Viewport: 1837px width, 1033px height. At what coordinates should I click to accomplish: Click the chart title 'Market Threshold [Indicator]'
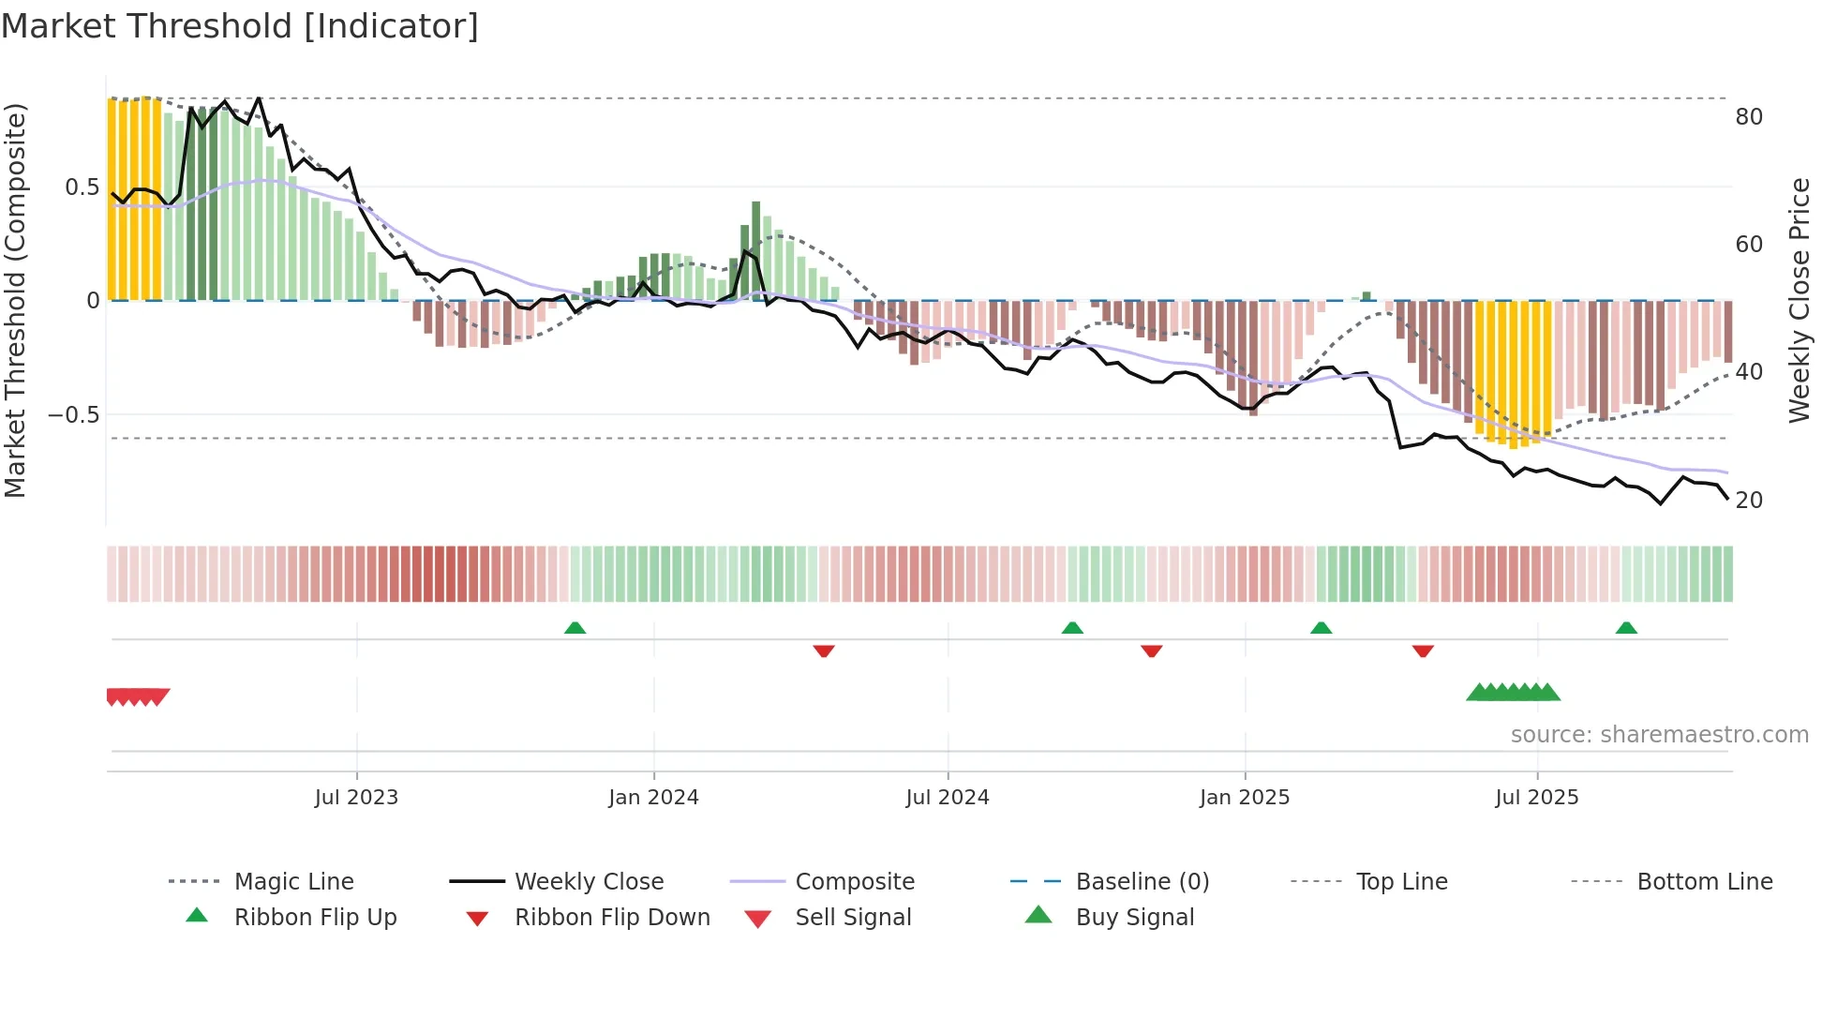(x=240, y=26)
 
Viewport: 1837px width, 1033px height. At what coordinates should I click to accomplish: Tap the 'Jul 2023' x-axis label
(x=356, y=798)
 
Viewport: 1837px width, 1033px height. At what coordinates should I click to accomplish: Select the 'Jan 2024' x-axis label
(x=653, y=798)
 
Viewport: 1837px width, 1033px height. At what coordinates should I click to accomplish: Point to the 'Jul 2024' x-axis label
(x=948, y=798)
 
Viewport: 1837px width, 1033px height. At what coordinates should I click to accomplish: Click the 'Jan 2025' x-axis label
(x=1245, y=798)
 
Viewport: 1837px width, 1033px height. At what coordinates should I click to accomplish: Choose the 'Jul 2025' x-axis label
(x=1537, y=798)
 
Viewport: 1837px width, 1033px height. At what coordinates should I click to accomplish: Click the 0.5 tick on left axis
(x=82, y=187)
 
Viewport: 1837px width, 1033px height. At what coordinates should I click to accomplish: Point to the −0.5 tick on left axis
(x=74, y=414)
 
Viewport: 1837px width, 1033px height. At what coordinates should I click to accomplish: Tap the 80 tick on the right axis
(x=1749, y=117)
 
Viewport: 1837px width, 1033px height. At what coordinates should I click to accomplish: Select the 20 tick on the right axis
(x=1749, y=501)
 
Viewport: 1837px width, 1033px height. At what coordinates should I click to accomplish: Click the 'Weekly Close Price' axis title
(x=1799, y=300)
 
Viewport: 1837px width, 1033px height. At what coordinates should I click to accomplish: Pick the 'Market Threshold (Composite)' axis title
(x=15, y=300)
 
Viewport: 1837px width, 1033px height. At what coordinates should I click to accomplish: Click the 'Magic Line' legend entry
(x=293, y=882)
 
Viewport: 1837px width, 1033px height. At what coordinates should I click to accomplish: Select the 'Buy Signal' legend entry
(x=1134, y=918)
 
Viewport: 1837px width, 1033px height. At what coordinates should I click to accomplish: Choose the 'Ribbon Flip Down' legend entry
(x=611, y=918)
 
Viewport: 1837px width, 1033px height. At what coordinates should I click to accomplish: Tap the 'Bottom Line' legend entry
(x=1704, y=882)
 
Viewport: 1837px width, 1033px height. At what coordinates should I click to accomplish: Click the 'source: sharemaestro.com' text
(x=1659, y=735)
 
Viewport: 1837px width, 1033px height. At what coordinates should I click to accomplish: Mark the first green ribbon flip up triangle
(x=575, y=628)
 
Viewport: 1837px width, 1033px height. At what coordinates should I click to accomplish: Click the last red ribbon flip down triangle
(x=1423, y=651)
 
